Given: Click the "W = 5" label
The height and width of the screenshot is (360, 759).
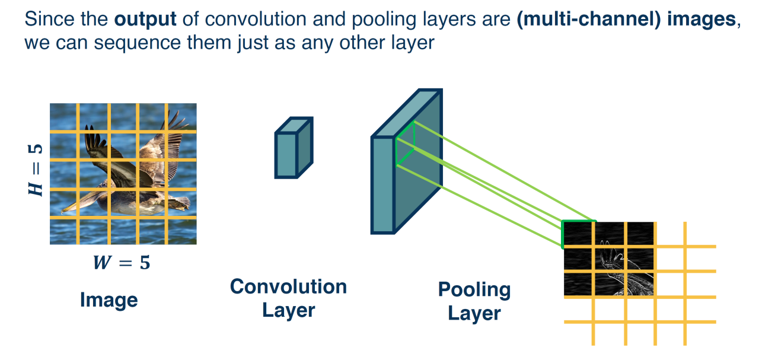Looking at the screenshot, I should point(122,263).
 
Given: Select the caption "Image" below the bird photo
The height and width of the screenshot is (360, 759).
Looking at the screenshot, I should point(109,300).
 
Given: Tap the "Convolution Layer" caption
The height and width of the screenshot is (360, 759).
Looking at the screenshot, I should point(288,298).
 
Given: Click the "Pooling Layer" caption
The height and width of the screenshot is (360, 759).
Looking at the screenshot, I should point(474,301).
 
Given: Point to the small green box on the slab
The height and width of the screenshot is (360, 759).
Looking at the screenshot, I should point(406,146).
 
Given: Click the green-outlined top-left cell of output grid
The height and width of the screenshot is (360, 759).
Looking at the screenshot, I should point(578,234).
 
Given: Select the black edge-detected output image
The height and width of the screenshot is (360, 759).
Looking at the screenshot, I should point(608,259).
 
